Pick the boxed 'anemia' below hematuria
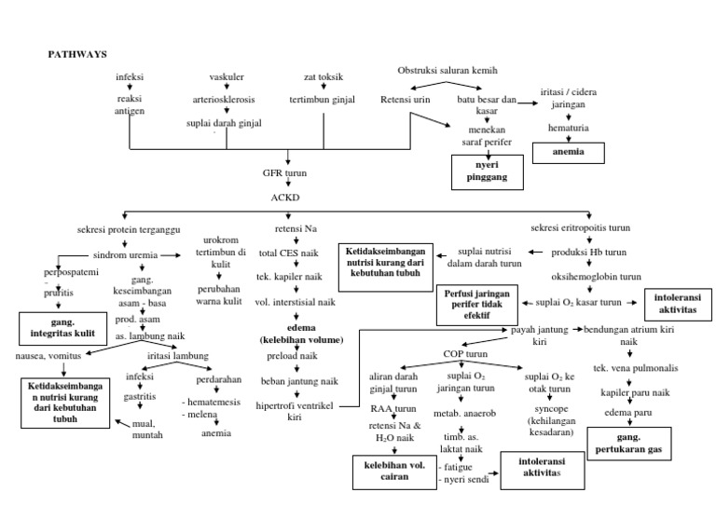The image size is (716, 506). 568,151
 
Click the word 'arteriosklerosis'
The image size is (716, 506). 225,100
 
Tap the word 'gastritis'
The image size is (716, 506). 139,395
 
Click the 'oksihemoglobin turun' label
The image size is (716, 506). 596,277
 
